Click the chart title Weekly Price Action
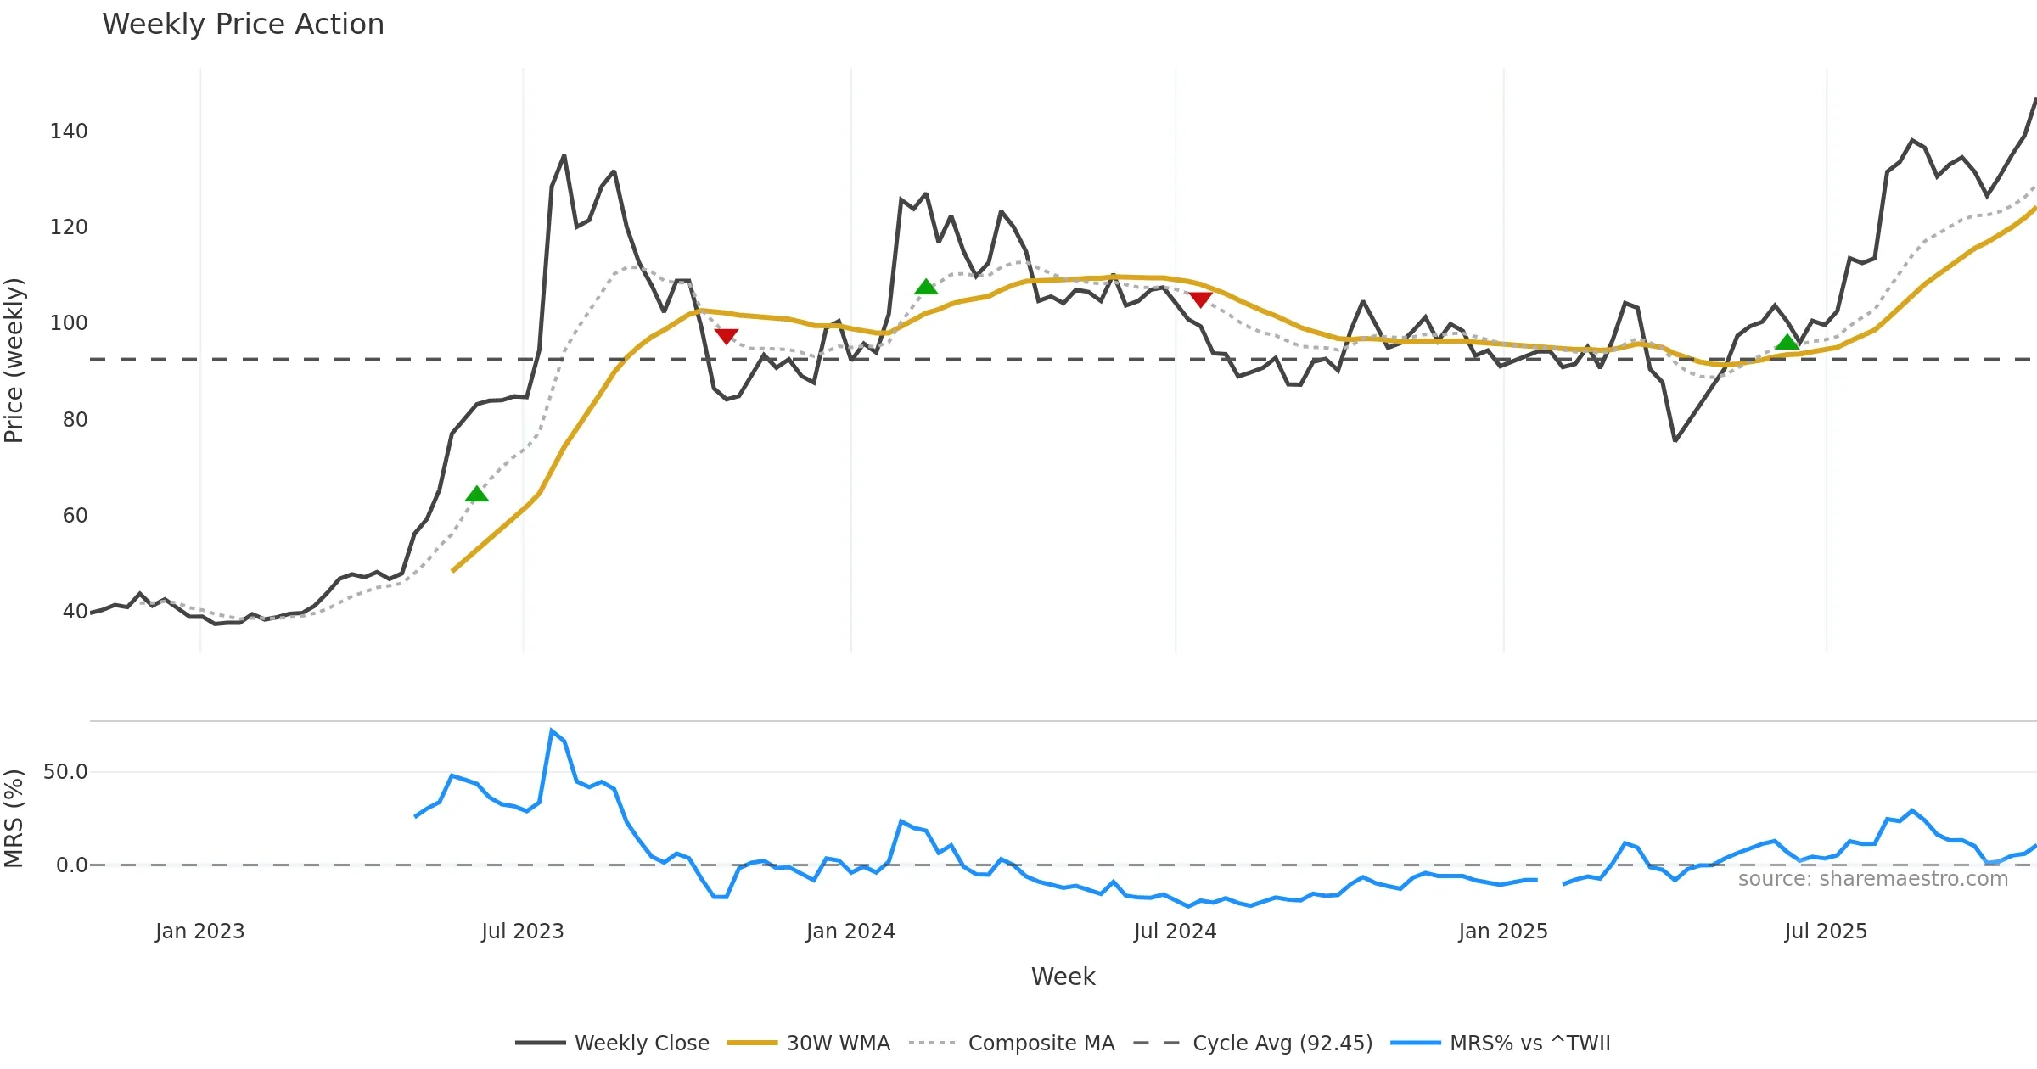click(243, 25)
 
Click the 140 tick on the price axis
click(69, 132)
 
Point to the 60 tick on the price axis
click(75, 516)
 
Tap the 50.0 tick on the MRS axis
click(65, 772)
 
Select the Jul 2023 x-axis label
click(522, 932)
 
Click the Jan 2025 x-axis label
click(1502, 932)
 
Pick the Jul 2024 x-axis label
click(1175, 932)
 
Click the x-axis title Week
click(1063, 977)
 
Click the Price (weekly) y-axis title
click(14, 361)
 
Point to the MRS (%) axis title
click(14, 819)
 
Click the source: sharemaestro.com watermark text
click(1872, 879)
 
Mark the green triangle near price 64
click(477, 495)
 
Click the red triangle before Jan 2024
click(726, 336)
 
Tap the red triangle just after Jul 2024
click(1200, 299)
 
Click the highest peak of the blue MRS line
click(552, 730)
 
